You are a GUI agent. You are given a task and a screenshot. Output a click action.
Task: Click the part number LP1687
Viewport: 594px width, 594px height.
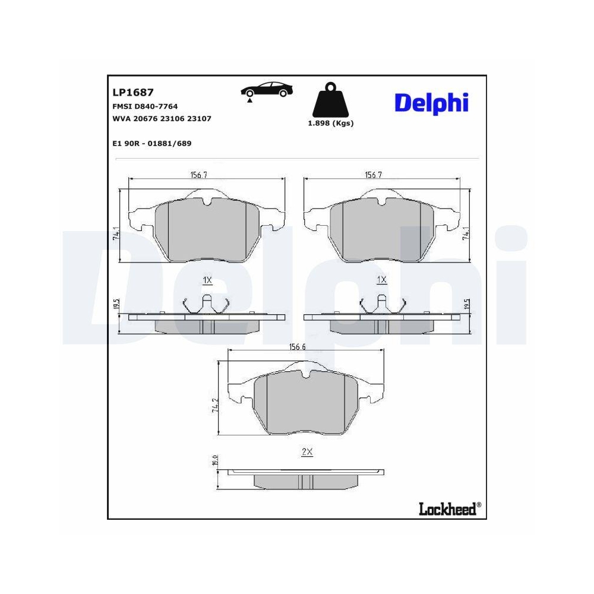pos(133,93)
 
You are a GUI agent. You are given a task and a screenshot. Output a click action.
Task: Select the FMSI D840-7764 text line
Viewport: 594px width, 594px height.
pos(145,106)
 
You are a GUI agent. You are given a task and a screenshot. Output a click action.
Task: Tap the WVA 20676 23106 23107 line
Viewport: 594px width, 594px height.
pos(162,119)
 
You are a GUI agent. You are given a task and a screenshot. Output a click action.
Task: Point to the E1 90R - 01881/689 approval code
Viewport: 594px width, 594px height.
pos(151,143)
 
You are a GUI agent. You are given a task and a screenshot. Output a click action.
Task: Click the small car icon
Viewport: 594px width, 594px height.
pos(267,90)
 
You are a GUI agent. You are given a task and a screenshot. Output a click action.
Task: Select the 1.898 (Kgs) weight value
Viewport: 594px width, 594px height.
pos(331,124)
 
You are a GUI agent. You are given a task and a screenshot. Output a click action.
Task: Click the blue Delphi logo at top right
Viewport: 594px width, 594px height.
pos(432,102)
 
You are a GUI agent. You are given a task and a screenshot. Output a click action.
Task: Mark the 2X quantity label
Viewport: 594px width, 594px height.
pos(307,452)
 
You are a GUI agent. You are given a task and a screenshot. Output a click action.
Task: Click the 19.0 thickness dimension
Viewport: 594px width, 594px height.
pos(216,460)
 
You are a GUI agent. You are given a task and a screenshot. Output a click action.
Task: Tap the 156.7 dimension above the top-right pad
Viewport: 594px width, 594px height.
pos(372,175)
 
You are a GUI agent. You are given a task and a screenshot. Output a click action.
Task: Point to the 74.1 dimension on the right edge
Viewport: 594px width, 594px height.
pos(467,235)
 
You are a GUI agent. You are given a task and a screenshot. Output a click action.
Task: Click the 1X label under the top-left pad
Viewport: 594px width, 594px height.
pos(207,279)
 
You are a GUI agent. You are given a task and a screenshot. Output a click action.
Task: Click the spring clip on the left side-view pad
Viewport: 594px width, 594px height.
pos(207,304)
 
